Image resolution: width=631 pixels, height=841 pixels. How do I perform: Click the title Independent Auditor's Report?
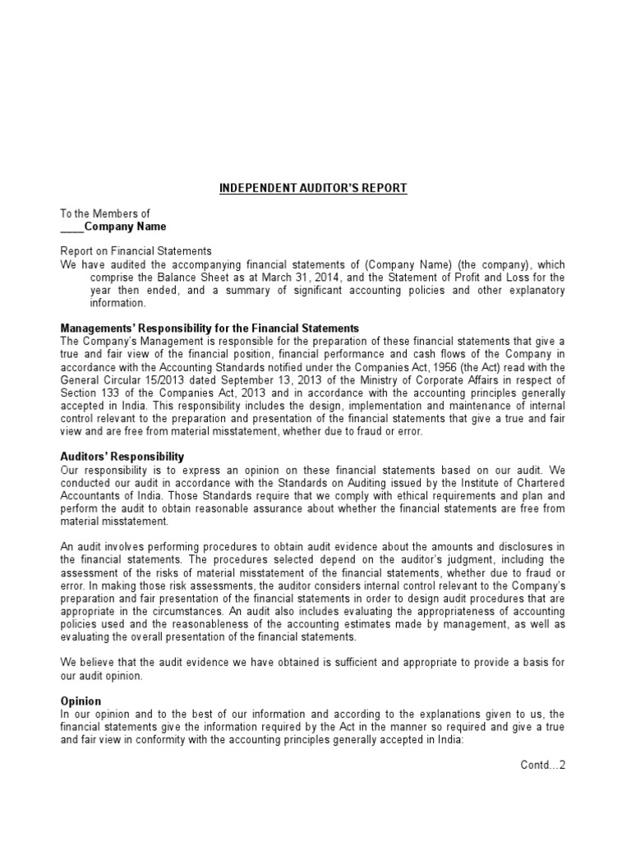(x=313, y=188)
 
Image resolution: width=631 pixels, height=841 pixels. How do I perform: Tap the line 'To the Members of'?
(x=105, y=214)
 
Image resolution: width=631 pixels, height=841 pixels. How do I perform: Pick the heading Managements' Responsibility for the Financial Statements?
(x=210, y=328)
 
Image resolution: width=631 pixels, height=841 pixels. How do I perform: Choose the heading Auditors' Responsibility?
(x=122, y=456)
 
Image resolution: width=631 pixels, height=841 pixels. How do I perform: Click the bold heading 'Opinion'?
(x=81, y=701)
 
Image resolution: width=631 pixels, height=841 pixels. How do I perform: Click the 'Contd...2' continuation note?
(x=543, y=765)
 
